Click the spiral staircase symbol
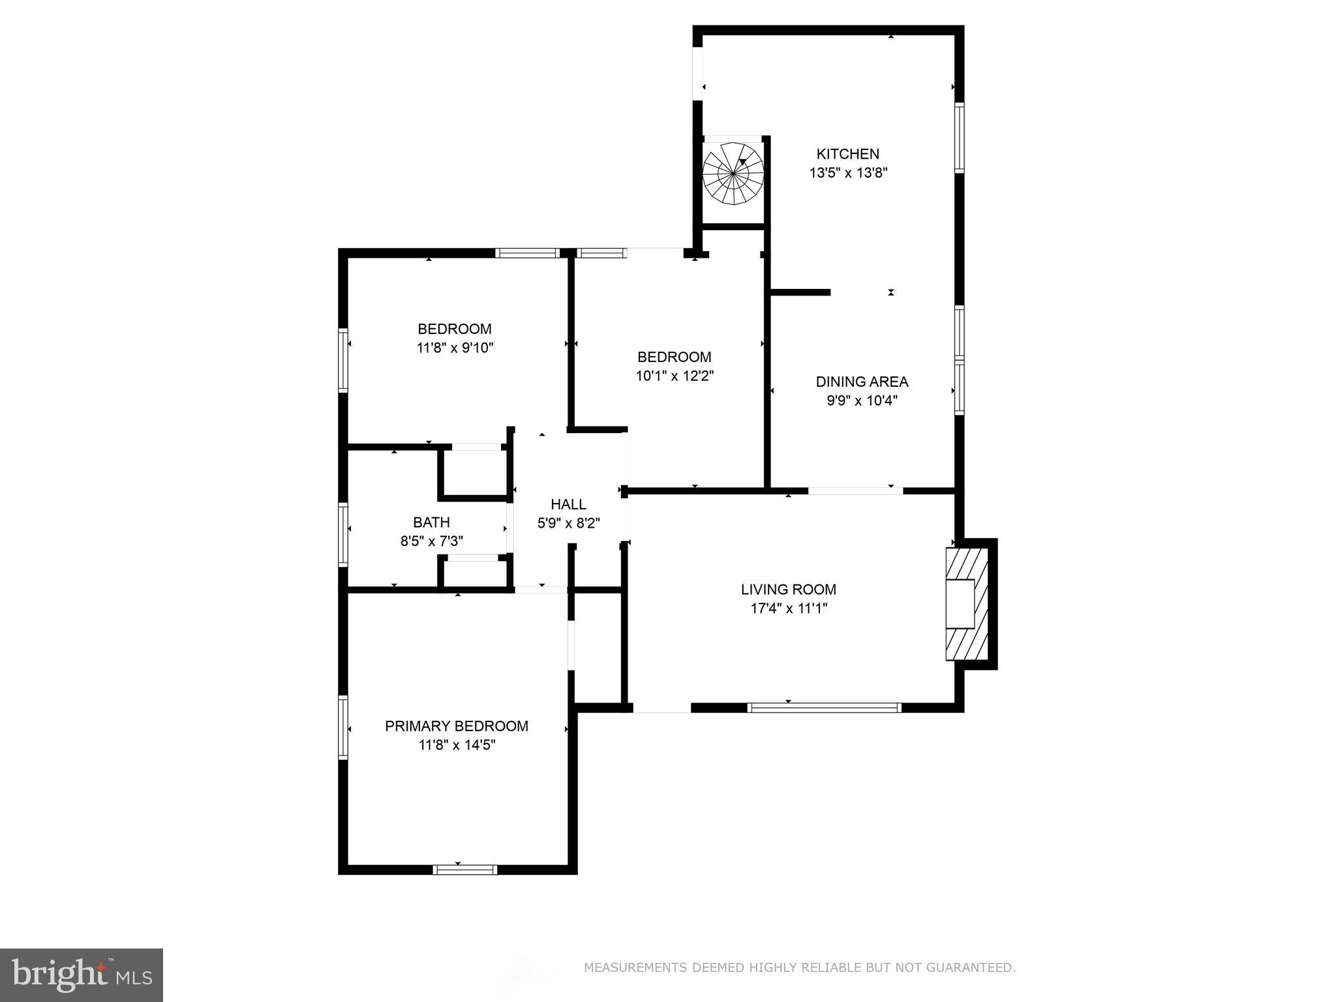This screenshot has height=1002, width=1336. tap(733, 174)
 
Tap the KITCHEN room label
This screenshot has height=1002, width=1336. tap(847, 154)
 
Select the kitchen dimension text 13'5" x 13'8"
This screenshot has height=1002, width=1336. tap(848, 173)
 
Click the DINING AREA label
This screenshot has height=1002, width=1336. tap(862, 382)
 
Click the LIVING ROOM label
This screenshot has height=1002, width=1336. tap(788, 590)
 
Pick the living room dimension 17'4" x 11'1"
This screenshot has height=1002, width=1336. tap(788, 609)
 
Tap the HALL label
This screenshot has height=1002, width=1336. tap(568, 504)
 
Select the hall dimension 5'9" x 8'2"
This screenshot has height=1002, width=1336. tap(568, 523)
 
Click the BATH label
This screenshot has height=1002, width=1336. tap(431, 522)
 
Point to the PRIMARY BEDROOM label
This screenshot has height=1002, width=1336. tap(457, 726)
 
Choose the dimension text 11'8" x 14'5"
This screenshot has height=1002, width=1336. tap(457, 745)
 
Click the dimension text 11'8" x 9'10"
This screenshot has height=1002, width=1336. tap(455, 348)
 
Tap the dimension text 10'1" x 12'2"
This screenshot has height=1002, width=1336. tap(675, 376)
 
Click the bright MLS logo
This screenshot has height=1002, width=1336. tap(82, 975)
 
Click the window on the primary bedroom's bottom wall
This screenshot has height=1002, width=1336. tap(464, 870)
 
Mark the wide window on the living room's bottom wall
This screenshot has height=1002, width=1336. tap(824, 708)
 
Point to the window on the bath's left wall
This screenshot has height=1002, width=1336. tap(342, 533)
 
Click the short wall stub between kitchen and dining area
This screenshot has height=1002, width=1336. tap(800, 292)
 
